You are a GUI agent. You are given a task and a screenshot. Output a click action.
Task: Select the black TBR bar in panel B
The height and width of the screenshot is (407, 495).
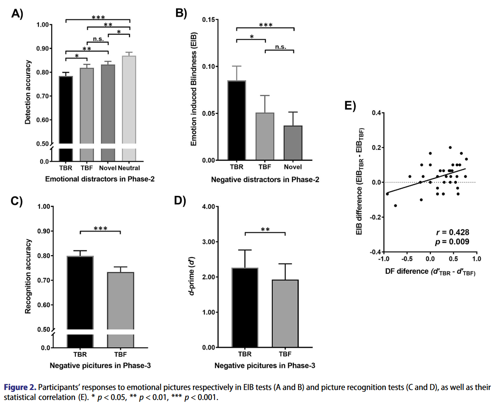(x=237, y=120)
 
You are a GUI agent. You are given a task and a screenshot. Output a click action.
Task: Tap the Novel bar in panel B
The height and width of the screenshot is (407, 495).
(x=293, y=143)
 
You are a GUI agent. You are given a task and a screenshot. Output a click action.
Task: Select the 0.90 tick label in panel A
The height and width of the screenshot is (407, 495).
(x=44, y=48)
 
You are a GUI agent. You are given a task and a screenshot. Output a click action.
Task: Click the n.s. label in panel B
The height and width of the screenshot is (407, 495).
(x=280, y=46)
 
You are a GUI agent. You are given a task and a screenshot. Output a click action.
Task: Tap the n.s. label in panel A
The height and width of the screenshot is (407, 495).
(x=99, y=40)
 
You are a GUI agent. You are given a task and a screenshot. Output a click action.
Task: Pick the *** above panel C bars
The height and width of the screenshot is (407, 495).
(x=101, y=229)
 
